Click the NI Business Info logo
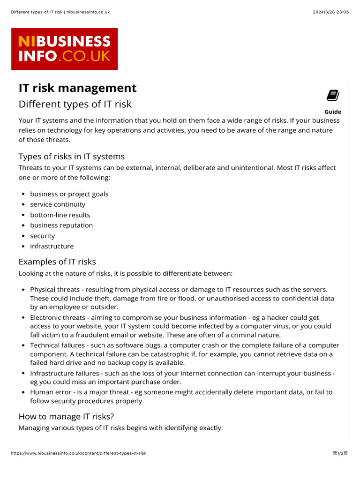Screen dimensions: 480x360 coord(65,49)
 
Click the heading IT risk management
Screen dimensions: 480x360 coord(77,88)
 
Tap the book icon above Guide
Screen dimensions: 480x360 coord(333,96)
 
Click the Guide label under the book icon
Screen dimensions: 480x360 coord(333,112)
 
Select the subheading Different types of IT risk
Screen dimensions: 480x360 coord(75,104)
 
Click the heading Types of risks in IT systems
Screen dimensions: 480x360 coord(71,156)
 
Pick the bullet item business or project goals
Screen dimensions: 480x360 coord(69,194)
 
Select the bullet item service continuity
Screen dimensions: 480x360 coord(58,204)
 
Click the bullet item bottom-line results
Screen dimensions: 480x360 coord(60,215)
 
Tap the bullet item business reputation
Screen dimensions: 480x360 coord(61,225)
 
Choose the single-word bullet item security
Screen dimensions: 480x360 coord(42,236)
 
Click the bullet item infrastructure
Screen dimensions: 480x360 coord(52,246)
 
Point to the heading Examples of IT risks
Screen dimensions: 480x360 coord(57,262)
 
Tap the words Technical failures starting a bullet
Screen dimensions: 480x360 coord(54,345)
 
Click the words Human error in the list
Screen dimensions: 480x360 coord(48,392)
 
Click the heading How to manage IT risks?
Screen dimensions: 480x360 coord(66,416)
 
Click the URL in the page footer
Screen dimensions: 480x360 coord(78,453)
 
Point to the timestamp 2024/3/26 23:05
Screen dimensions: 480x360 coord(331,12)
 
